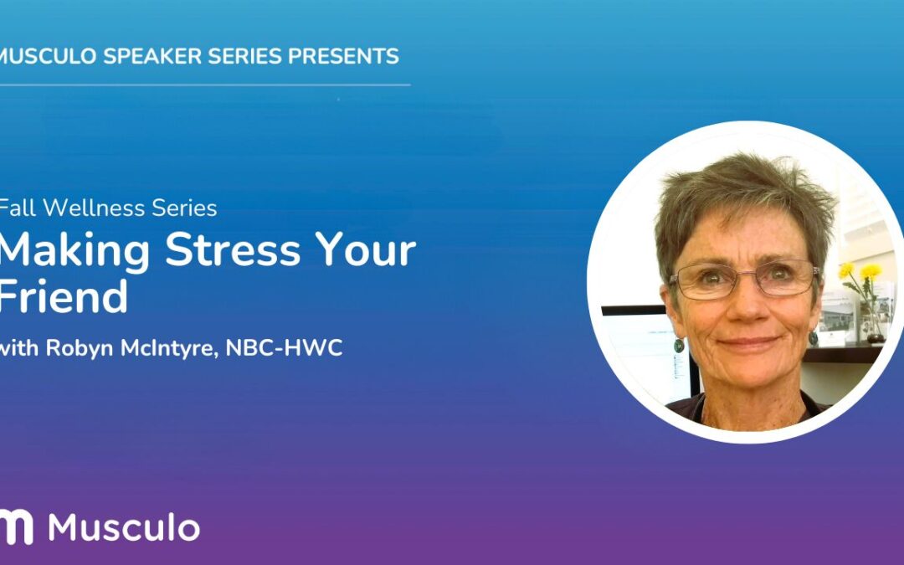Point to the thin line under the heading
[205, 85]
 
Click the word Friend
[64, 296]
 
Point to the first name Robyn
[75, 349]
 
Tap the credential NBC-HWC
[288, 349]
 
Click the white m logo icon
[17, 526]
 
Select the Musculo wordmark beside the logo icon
[124, 527]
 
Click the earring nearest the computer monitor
[678, 344]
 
